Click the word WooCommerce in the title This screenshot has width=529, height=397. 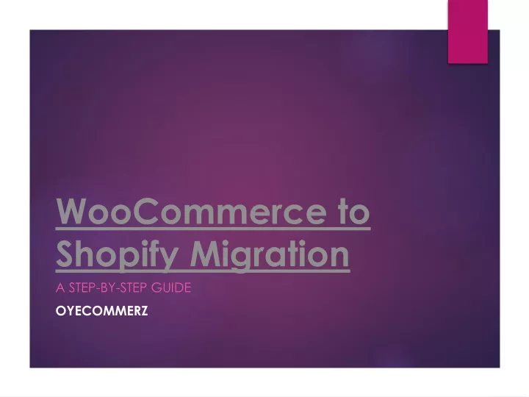[x=192, y=211]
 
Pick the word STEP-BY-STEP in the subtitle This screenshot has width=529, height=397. [x=108, y=288]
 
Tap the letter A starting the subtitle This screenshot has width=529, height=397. [x=60, y=288]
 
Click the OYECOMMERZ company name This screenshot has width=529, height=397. [x=101, y=311]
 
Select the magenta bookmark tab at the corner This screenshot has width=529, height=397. [x=467, y=32]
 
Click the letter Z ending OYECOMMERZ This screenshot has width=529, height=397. [x=144, y=311]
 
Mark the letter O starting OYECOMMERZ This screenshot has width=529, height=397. [x=61, y=311]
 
